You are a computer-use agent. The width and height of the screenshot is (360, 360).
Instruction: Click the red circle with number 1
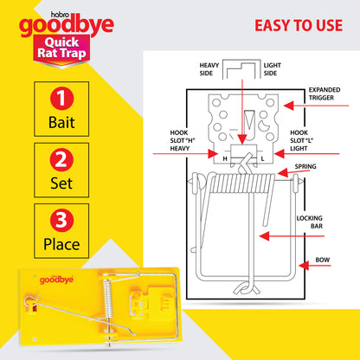point(61,99)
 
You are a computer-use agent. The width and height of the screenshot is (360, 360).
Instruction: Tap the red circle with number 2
point(61,159)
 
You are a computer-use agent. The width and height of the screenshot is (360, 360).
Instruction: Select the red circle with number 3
point(61,221)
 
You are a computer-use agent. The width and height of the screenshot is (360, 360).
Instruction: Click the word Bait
point(61,122)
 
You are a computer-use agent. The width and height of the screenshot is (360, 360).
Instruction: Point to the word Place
point(61,244)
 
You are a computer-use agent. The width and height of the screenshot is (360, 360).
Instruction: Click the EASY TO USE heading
point(299,25)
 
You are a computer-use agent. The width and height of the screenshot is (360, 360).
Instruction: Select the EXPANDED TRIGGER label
point(325,93)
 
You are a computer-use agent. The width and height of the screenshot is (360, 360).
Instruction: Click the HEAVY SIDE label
point(209,69)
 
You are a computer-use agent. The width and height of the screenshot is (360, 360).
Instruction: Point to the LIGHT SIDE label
point(272,69)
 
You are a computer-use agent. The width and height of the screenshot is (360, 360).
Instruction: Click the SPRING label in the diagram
point(305,166)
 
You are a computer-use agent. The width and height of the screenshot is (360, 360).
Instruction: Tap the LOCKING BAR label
point(310,222)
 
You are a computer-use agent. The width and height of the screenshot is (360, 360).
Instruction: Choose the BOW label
point(322,260)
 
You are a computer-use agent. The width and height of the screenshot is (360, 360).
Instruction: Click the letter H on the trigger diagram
point(225,158)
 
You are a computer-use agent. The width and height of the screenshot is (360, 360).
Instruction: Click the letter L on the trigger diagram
point(262,158)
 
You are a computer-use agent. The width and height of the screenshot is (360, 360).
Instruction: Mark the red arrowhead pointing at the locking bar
point(264,236)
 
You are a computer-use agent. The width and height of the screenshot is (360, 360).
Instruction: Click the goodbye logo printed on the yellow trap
point(56,280)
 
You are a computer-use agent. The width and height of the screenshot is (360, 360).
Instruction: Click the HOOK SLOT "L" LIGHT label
point(301,140)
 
